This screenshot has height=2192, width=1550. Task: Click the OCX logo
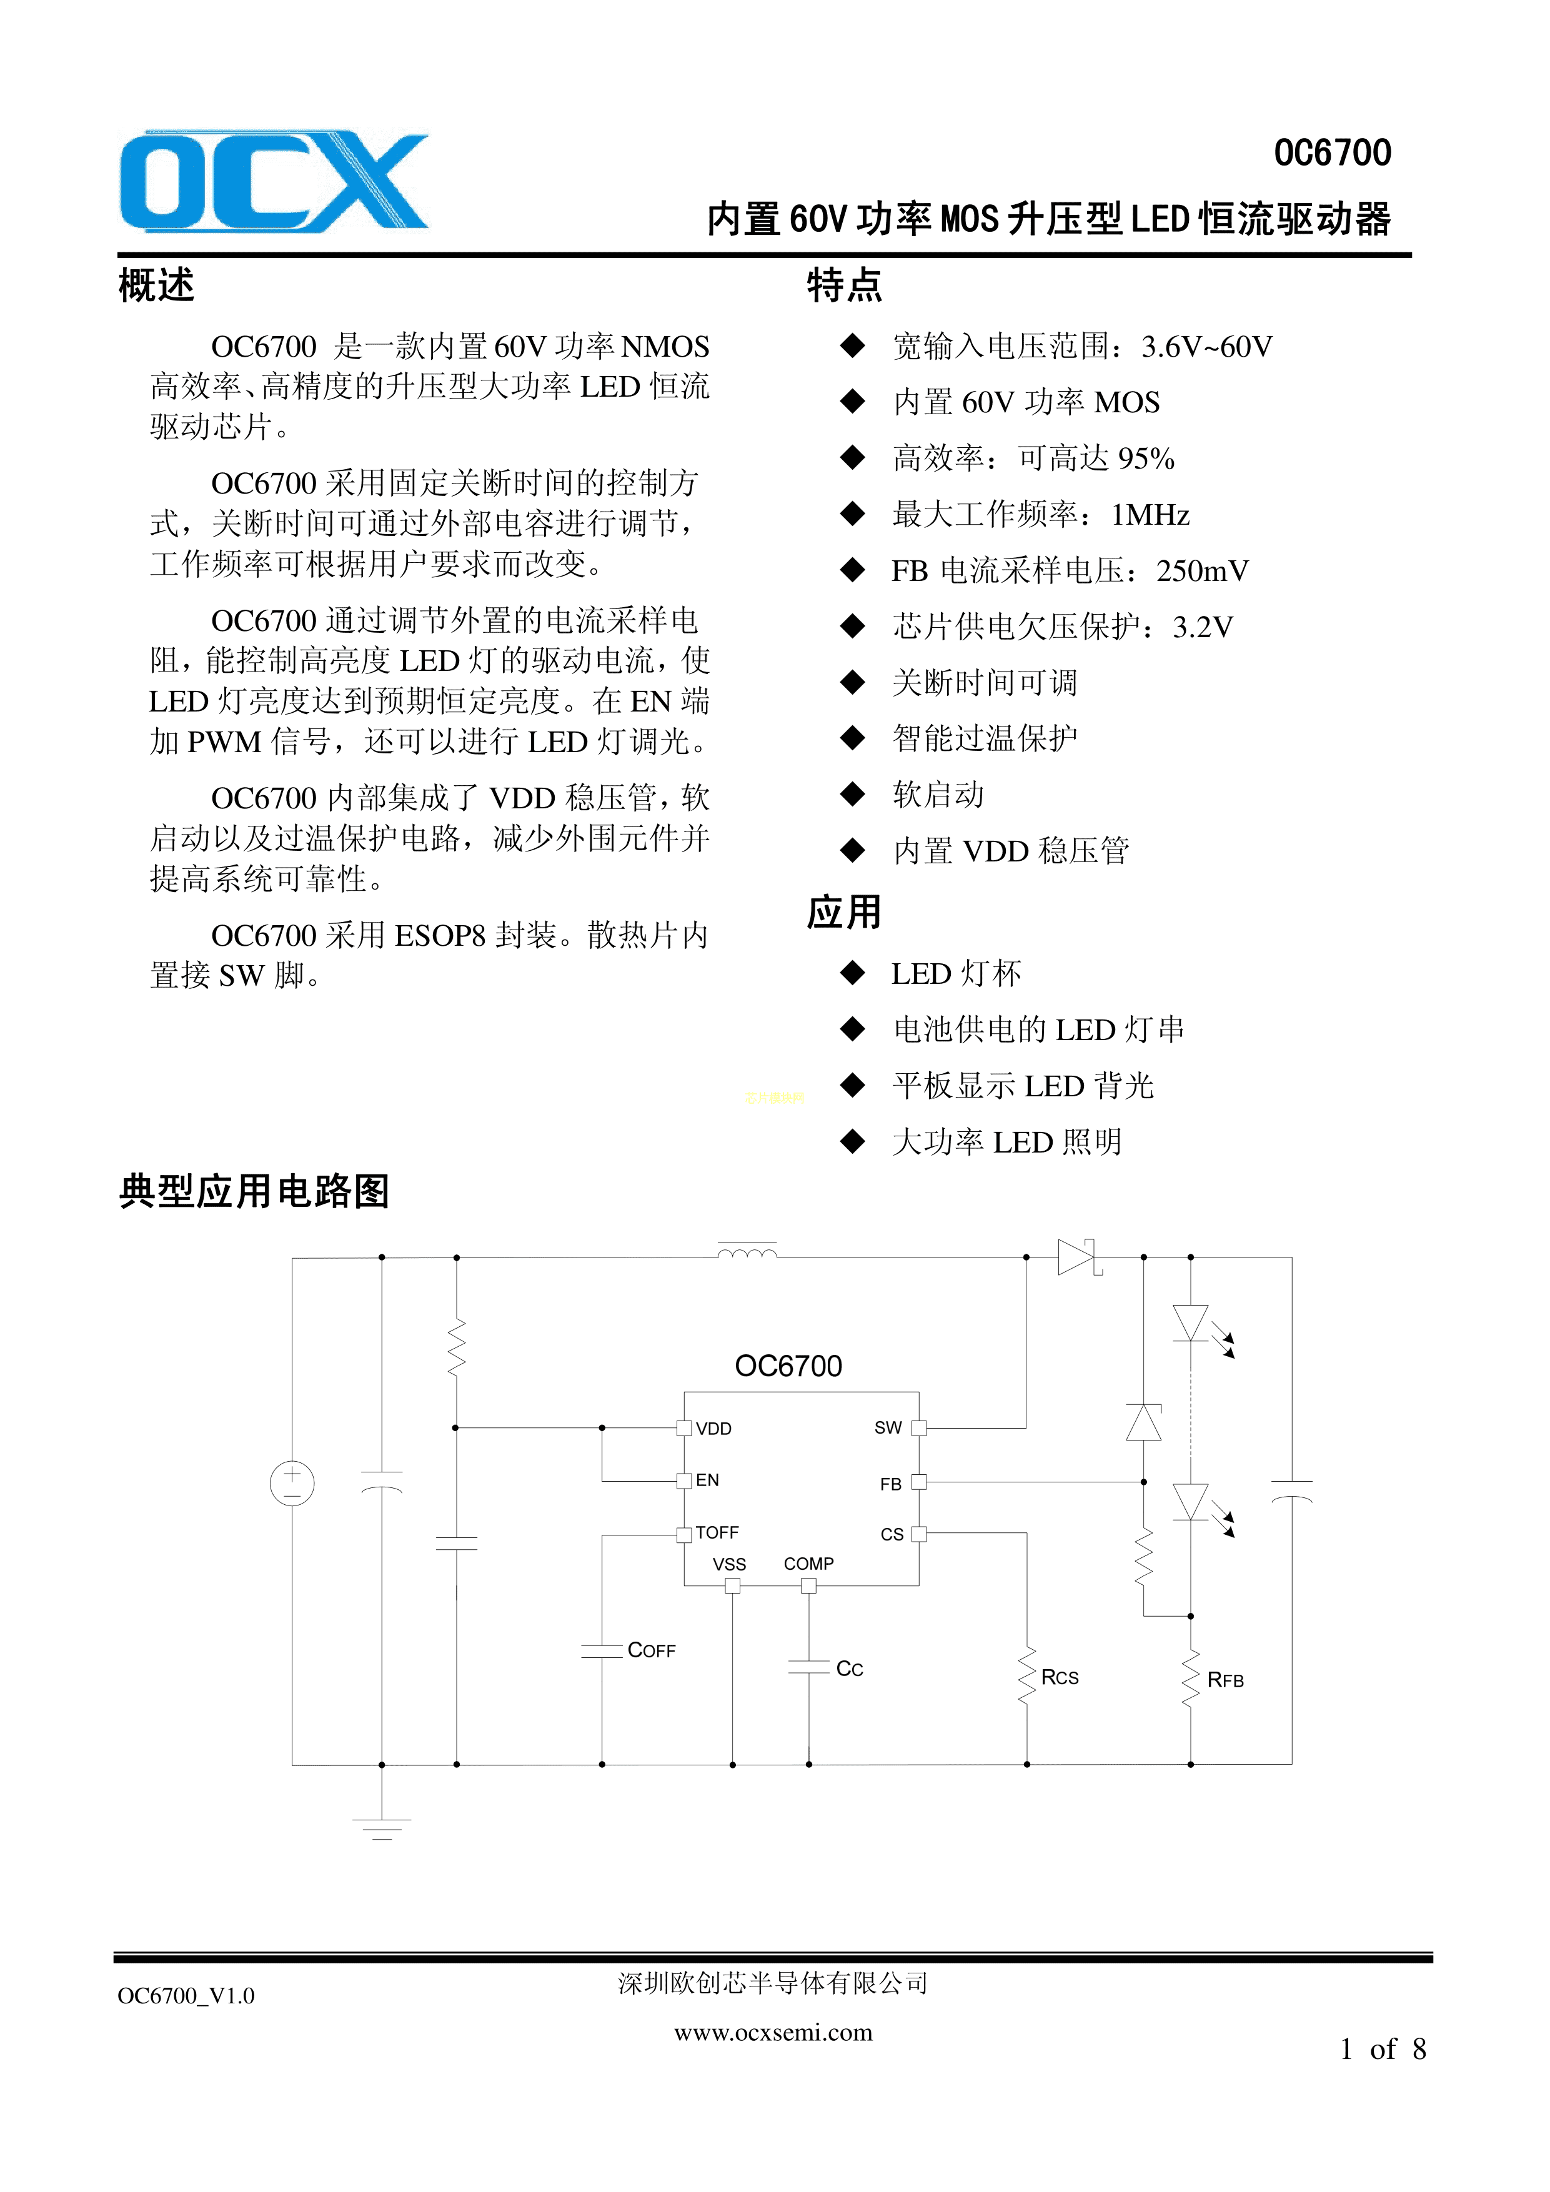[274, 181]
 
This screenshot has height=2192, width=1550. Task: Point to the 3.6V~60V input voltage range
[1207, 347]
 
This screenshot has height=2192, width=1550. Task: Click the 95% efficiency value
[1146, 459]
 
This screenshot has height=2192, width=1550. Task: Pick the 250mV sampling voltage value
[1203, 571]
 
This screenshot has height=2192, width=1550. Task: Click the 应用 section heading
[844, 913]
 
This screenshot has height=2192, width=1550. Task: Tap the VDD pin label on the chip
[713, 1429]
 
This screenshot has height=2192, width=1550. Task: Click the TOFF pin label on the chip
[717, 1532]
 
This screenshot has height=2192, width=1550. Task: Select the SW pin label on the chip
[888, 1427]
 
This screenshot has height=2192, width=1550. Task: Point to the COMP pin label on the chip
[809, 1564]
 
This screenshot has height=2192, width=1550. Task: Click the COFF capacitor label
[652, 1650]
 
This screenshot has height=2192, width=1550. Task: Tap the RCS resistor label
[1060, 1677]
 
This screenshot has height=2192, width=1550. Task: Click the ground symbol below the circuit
[382, 1828]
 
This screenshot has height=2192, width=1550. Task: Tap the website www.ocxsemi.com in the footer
[773, 2033]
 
